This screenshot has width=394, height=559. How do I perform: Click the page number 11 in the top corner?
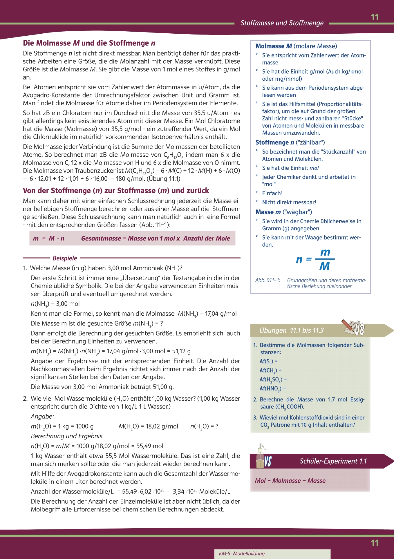[x=375, y=17]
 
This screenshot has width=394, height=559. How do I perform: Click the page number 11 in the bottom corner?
[x=375, y=543]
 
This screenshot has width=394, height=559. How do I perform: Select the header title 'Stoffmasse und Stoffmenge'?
[x=282, y=23]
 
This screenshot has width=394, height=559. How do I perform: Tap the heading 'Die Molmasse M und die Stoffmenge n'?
[x=89, y=43]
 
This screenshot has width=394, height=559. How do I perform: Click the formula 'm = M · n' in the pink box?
[x=49, y=238]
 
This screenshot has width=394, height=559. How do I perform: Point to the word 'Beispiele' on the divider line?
[x=65, y=258]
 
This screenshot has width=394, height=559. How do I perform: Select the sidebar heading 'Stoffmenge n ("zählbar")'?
[x=290, y=142]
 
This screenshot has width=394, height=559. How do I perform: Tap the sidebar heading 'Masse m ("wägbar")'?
[x=283, y=212]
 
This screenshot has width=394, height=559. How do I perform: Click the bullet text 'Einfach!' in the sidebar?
[x=272, y=193]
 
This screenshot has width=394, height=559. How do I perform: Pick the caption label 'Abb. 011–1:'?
[x=268, y=280]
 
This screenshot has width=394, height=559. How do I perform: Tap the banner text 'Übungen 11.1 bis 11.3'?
[x=291, y=330]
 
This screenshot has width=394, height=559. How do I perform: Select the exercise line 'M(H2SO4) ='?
[x=273, y=380]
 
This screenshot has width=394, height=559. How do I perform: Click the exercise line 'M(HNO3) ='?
[x=272, y=389]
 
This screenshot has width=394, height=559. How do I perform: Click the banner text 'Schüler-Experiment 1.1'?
[x=333, y=461]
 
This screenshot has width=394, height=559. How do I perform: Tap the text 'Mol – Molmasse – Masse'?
[x=290, y=481]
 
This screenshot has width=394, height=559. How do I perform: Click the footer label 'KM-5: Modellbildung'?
[x=242, y=553]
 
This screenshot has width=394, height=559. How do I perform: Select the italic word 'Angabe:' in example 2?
[x=42, y=417]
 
